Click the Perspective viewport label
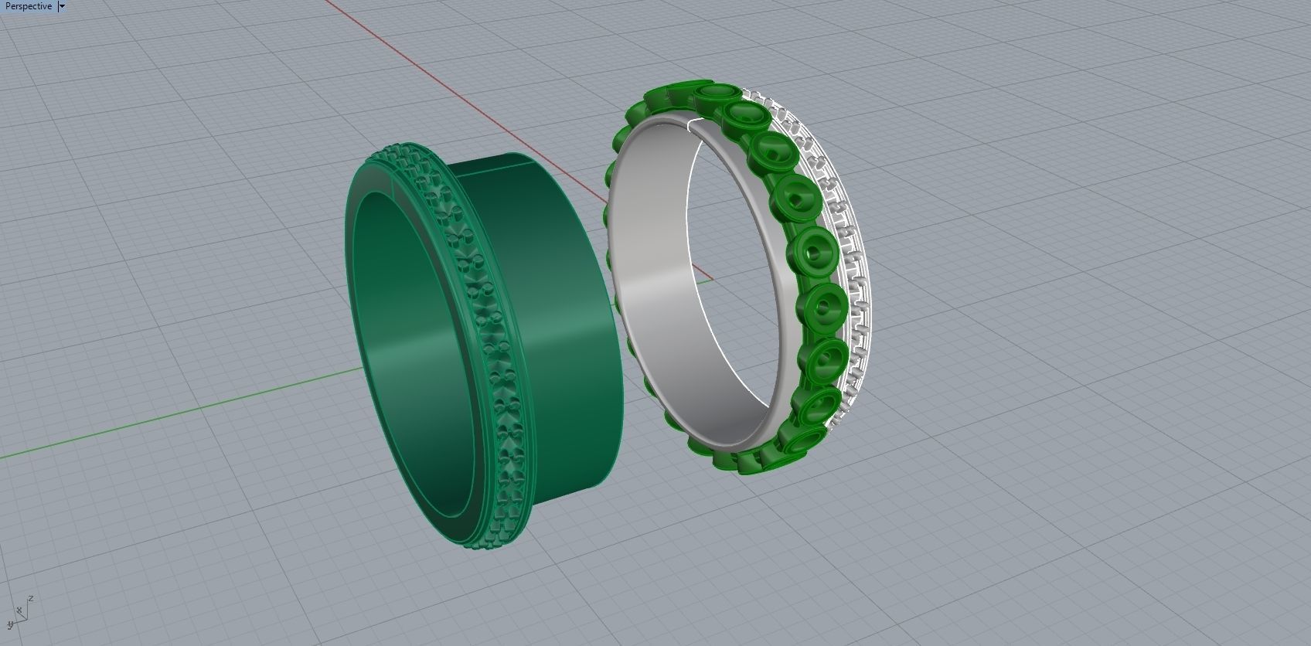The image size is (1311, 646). [28, 6]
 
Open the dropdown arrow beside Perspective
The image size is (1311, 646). [62, 6]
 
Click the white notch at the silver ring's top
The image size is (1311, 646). [694, 123]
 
